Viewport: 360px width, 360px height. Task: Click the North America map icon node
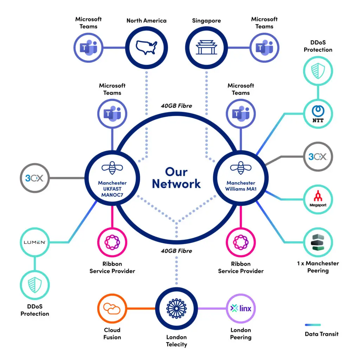coord(147,47)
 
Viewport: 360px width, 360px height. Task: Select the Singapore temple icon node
coord(206,47)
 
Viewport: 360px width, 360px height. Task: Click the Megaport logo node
coord(318,199)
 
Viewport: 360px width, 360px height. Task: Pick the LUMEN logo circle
coord(34,242)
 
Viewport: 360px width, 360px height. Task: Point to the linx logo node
coord(241,308)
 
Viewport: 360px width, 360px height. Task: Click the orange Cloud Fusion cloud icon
coord(112,308)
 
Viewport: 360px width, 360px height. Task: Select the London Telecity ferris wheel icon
coord(176,308)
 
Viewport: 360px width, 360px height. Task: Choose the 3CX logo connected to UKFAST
coord(34,178)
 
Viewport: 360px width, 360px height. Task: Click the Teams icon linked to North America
coord(88,47)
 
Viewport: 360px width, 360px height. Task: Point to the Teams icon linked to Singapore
coord(264,47)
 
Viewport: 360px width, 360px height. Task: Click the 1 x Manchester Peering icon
coord(318,242)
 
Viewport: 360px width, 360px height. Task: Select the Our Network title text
coord(176,178)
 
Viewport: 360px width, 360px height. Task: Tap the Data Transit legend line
coord(313,325)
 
